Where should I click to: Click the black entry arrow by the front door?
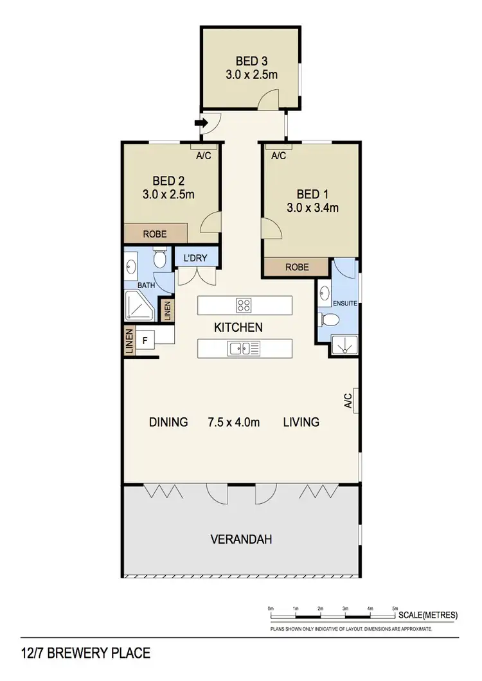point(201,122)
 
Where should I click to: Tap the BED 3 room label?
point(251,62)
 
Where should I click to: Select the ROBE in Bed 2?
point(155,234)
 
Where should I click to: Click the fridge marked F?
point(145,341)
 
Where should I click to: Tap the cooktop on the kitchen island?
point(244,304)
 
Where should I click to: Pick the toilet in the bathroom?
point(161,257)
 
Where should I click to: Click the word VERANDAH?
point(241,539)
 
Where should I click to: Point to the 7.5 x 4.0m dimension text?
point(233,422)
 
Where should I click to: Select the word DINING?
point(168,422)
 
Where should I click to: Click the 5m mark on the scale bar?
point(395,608)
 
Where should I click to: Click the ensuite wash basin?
point(325,295)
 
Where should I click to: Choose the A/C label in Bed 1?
point(278,156)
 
